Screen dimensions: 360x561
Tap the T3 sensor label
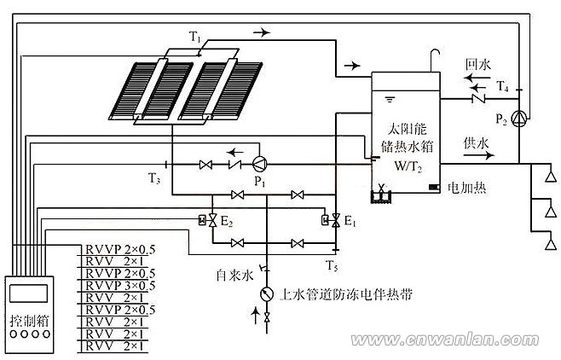coord(153,178)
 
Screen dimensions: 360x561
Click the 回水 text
coord(476,64)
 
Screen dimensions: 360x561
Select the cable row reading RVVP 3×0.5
coord(119,285)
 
